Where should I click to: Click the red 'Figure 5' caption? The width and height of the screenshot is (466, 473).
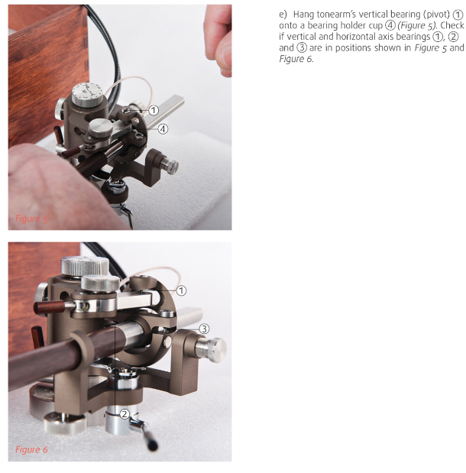click(31, 219)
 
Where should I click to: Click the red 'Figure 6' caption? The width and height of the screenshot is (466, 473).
click(31, 449)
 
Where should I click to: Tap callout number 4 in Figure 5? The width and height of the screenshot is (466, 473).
click(163, 129)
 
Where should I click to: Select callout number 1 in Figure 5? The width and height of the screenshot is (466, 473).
click(154, 110)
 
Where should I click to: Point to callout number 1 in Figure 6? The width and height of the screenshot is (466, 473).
click(181, 291)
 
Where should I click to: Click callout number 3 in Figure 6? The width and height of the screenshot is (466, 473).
click(204, 329)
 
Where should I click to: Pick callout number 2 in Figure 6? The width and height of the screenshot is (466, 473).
click(125, 414)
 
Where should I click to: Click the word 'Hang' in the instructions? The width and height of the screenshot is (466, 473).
click(304, 15)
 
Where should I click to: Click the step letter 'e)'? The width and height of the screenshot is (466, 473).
click(283, 15)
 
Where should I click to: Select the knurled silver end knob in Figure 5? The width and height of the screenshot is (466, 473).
click(170, 165)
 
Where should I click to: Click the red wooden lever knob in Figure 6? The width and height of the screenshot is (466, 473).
click(49, 306)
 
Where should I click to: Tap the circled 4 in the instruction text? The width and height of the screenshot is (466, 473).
click(390, 25)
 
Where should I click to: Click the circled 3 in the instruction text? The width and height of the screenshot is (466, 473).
click(301, 47)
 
